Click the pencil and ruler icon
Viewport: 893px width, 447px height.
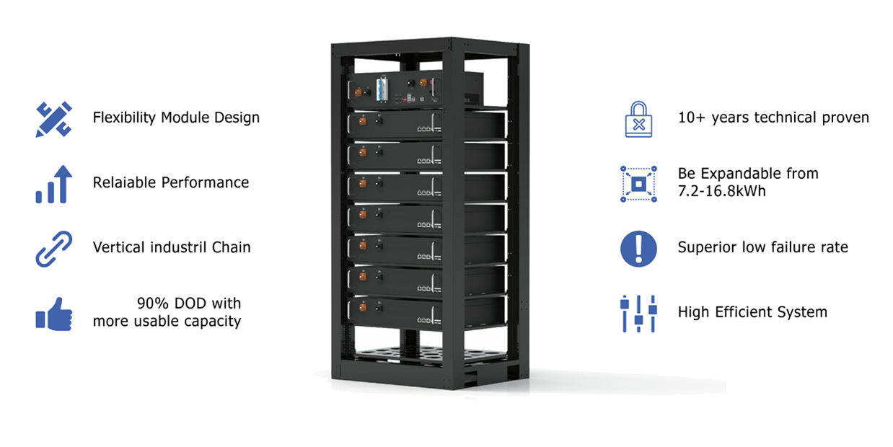pos(54,119)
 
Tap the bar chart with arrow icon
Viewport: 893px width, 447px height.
pos(54,184)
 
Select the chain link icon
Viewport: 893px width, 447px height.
pos(54,249)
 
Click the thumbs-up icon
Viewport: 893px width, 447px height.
pos(54,314)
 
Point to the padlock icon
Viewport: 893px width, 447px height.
pos(638,119)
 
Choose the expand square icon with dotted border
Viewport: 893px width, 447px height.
pos(638,184)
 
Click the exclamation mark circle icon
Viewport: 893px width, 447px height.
pos(638,249)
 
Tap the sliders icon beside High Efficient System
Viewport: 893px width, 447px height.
pos(638,314)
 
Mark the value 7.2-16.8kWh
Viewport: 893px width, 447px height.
pos(722,191)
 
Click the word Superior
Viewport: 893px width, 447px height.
pos(707,248)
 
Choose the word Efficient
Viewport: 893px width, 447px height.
pos(743,312)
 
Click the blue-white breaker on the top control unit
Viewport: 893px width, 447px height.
pos(382,89)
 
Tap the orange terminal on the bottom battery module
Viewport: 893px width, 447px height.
pos(362,307)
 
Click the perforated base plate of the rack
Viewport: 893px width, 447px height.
pos(431,354)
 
